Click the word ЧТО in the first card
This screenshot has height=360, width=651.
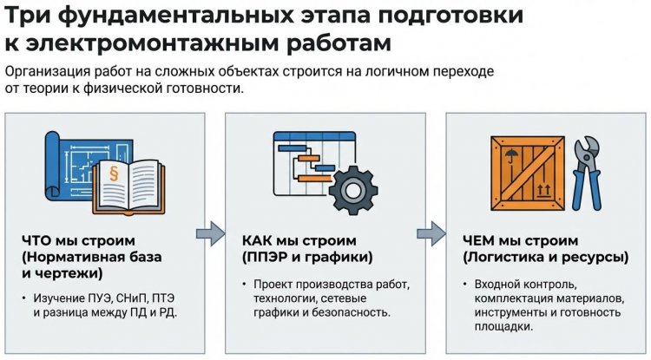click(36, 240)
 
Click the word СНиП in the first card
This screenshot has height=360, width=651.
click(122, 298)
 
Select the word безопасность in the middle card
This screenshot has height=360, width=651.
click(352, 312)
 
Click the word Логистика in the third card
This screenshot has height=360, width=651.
click(507, 259)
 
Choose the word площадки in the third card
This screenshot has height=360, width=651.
click(503, 326)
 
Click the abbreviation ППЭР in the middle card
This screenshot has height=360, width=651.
click(267, 259)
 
